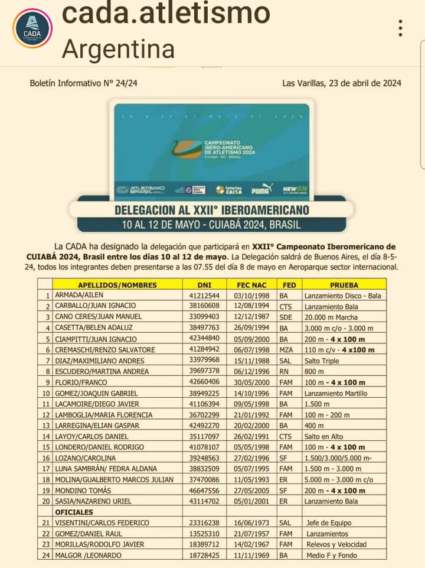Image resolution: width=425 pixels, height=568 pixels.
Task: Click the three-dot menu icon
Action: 400,28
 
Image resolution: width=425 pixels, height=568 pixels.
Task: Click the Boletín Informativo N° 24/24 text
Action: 84,83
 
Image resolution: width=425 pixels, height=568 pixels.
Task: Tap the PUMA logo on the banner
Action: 260,190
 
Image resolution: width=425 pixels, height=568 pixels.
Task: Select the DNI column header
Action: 204,284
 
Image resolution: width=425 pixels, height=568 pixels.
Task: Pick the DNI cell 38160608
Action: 204,306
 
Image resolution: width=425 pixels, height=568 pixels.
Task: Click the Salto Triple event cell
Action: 322,361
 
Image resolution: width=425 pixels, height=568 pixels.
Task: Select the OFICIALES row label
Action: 74,512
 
